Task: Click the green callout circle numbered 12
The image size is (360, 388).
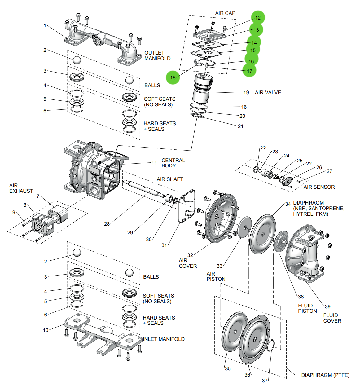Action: [x=258, y=18]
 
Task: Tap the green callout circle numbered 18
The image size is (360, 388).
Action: [x=173, y=77]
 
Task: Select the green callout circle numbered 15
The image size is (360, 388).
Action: [x=253, y=50]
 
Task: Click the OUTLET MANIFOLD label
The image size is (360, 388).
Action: [x=157, y=55]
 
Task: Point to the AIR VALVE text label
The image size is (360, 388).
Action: [x=268, y=92]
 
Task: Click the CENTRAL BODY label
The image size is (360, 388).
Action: [x=173, y=163]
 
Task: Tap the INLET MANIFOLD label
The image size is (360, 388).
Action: [x=164, y=339]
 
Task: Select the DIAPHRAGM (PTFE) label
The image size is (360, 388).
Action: [x=325, y=375]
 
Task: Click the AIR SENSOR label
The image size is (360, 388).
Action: [x=319, y=187]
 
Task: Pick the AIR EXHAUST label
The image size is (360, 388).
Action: [x=21, y=188]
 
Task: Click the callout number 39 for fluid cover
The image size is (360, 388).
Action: [x=327, y=306]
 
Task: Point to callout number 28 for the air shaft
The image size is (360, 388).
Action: [x=107, y=224]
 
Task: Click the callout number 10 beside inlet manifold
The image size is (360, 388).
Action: [x=46, y=330]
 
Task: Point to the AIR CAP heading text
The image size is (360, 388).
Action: [x=225, y=13]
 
